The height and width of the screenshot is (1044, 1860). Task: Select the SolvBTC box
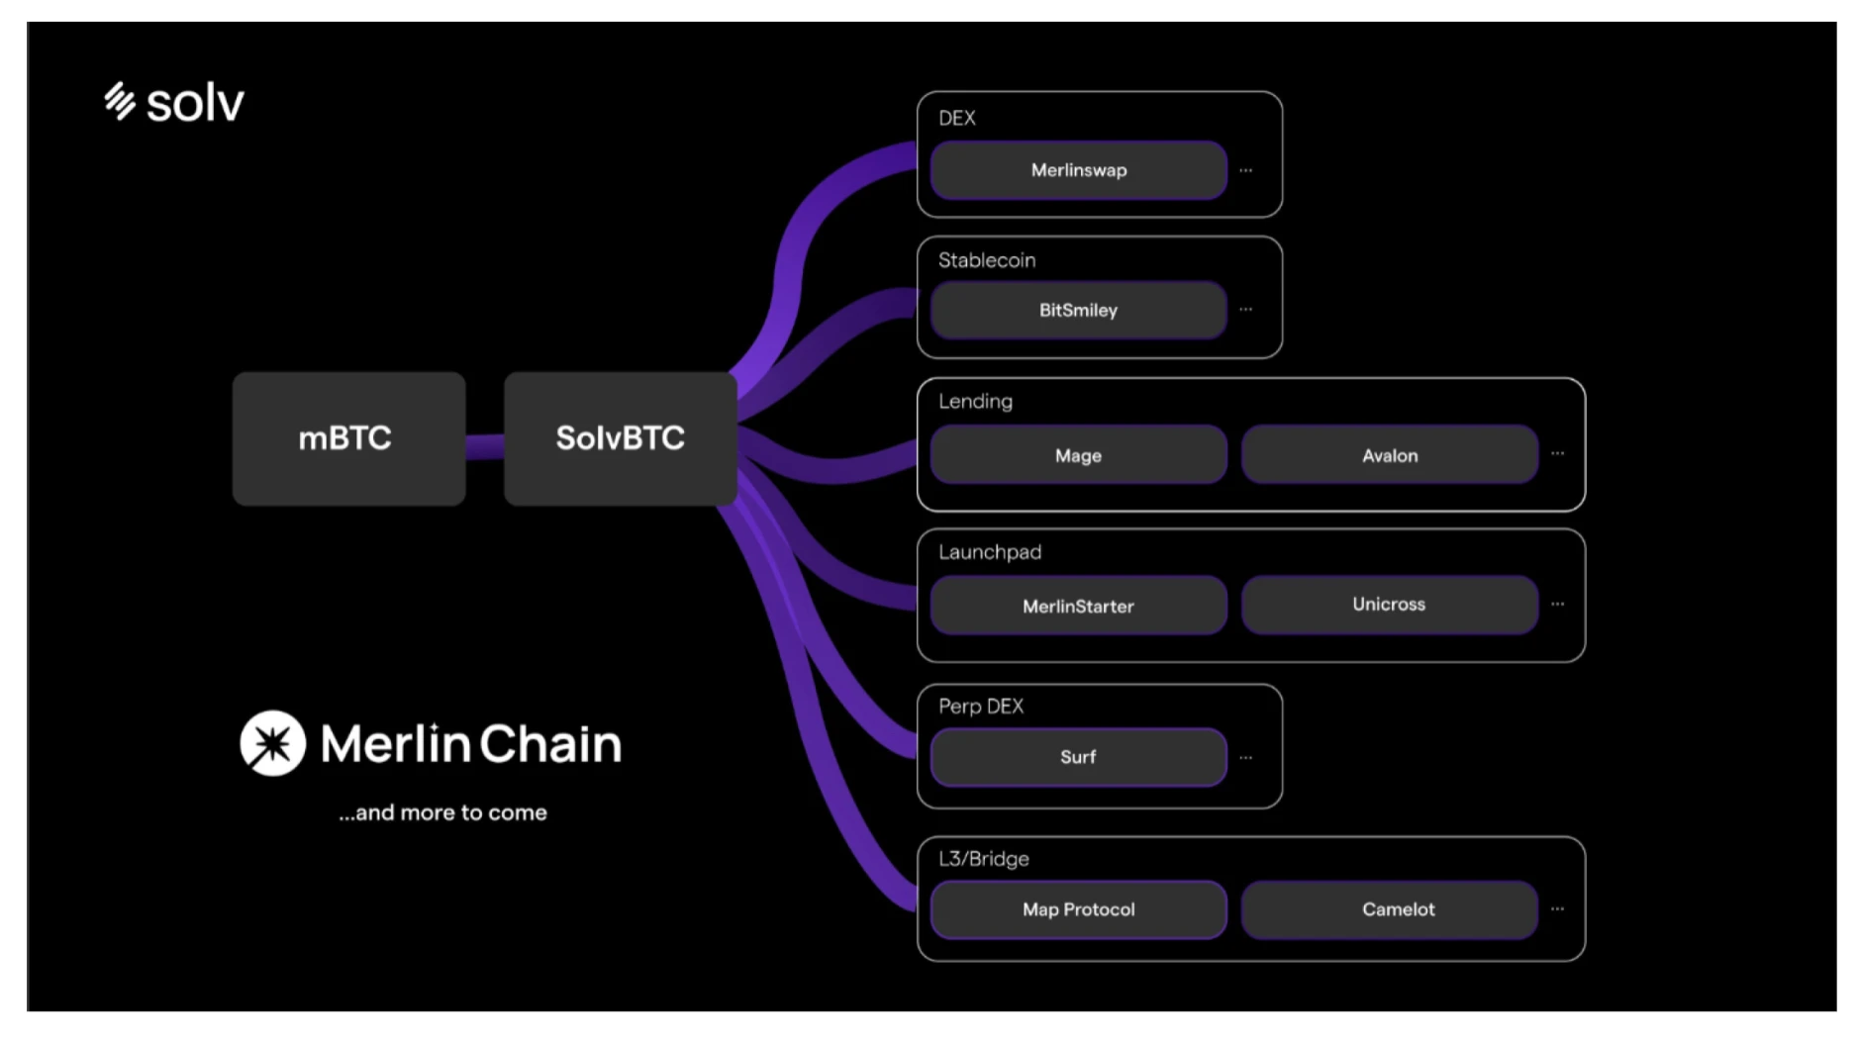click(x=620, y=438)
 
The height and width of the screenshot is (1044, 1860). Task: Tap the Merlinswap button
click(x=1078, y=170)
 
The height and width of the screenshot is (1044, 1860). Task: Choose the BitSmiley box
click(x=1078, y=311)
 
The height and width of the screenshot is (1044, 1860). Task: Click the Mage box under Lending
click(x=1078, y=455)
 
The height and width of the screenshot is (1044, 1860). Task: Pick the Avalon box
click(x=1389, y=455)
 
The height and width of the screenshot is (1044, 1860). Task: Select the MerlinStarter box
click(x=1078, y=606)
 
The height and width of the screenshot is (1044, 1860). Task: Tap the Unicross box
click(x=1389, y=605)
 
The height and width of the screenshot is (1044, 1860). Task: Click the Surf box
click(x=1078, y=757)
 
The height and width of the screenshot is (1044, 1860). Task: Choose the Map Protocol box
click(x=1078, y=909)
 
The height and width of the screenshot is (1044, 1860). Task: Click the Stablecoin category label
click(x=987, y=260)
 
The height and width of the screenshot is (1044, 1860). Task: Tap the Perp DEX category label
click(x=981, y=707)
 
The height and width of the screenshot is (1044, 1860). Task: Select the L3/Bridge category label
click(x=984, y=859)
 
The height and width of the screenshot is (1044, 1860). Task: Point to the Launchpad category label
click(x=990, y=552)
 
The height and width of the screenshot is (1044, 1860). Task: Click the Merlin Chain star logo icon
click(x=272, y=743)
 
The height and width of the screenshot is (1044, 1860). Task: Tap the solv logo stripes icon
click(x=120, y=101)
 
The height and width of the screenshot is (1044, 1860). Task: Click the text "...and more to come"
click(x=442, y=812)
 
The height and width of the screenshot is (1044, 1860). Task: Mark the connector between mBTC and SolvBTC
click(x=484, y=447)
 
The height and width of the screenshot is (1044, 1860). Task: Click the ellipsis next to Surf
click(x=1246, y=758)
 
